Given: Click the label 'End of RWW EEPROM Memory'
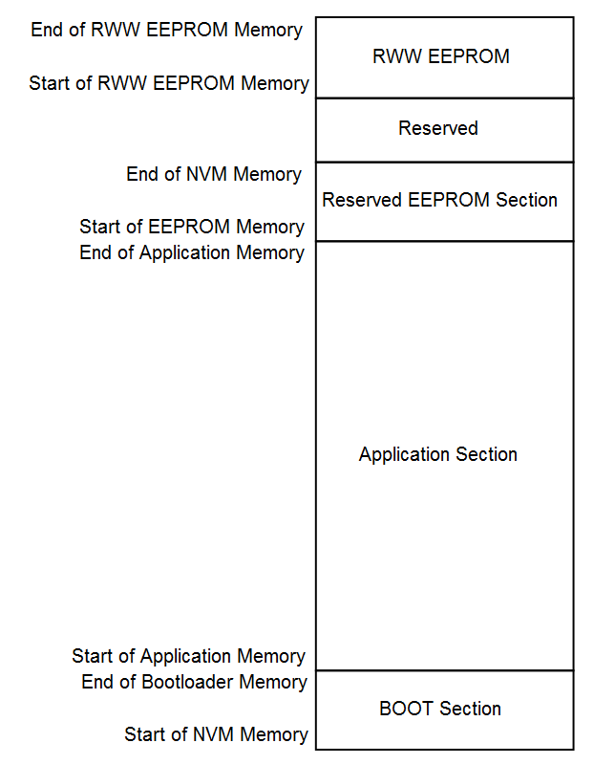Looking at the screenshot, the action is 167,30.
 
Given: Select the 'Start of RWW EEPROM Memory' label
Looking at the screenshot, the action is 169,83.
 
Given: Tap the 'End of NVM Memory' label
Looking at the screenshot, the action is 214,174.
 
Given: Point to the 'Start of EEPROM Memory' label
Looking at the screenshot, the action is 192,227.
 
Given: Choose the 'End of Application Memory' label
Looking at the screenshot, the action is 192,253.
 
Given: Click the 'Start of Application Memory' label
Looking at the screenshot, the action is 188,657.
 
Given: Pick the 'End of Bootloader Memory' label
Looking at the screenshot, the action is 195,682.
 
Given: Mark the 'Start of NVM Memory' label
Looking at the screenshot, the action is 217,734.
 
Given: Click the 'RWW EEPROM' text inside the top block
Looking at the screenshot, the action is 441,56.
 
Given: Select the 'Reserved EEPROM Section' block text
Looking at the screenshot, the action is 440,200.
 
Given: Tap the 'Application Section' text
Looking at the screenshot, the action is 438,455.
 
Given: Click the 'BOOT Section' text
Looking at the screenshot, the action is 440,709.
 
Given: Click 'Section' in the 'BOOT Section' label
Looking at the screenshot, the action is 470,709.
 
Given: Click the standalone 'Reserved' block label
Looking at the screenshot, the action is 438,128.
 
